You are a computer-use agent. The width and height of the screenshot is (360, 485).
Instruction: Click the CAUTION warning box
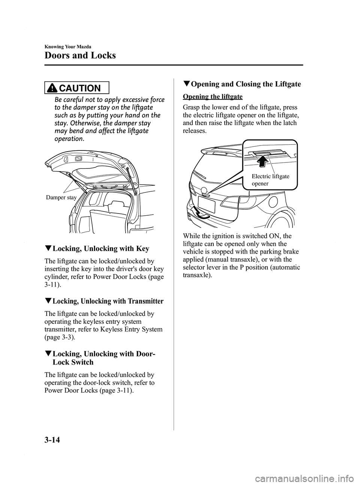76,88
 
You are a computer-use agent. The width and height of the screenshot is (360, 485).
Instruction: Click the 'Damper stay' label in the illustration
61,197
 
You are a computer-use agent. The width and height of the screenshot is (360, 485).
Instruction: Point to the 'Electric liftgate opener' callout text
270,180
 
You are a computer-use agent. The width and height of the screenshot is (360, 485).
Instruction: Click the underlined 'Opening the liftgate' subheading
213,96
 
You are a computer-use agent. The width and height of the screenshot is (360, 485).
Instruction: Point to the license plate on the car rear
206,206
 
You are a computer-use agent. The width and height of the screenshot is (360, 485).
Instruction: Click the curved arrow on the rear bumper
199,214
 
